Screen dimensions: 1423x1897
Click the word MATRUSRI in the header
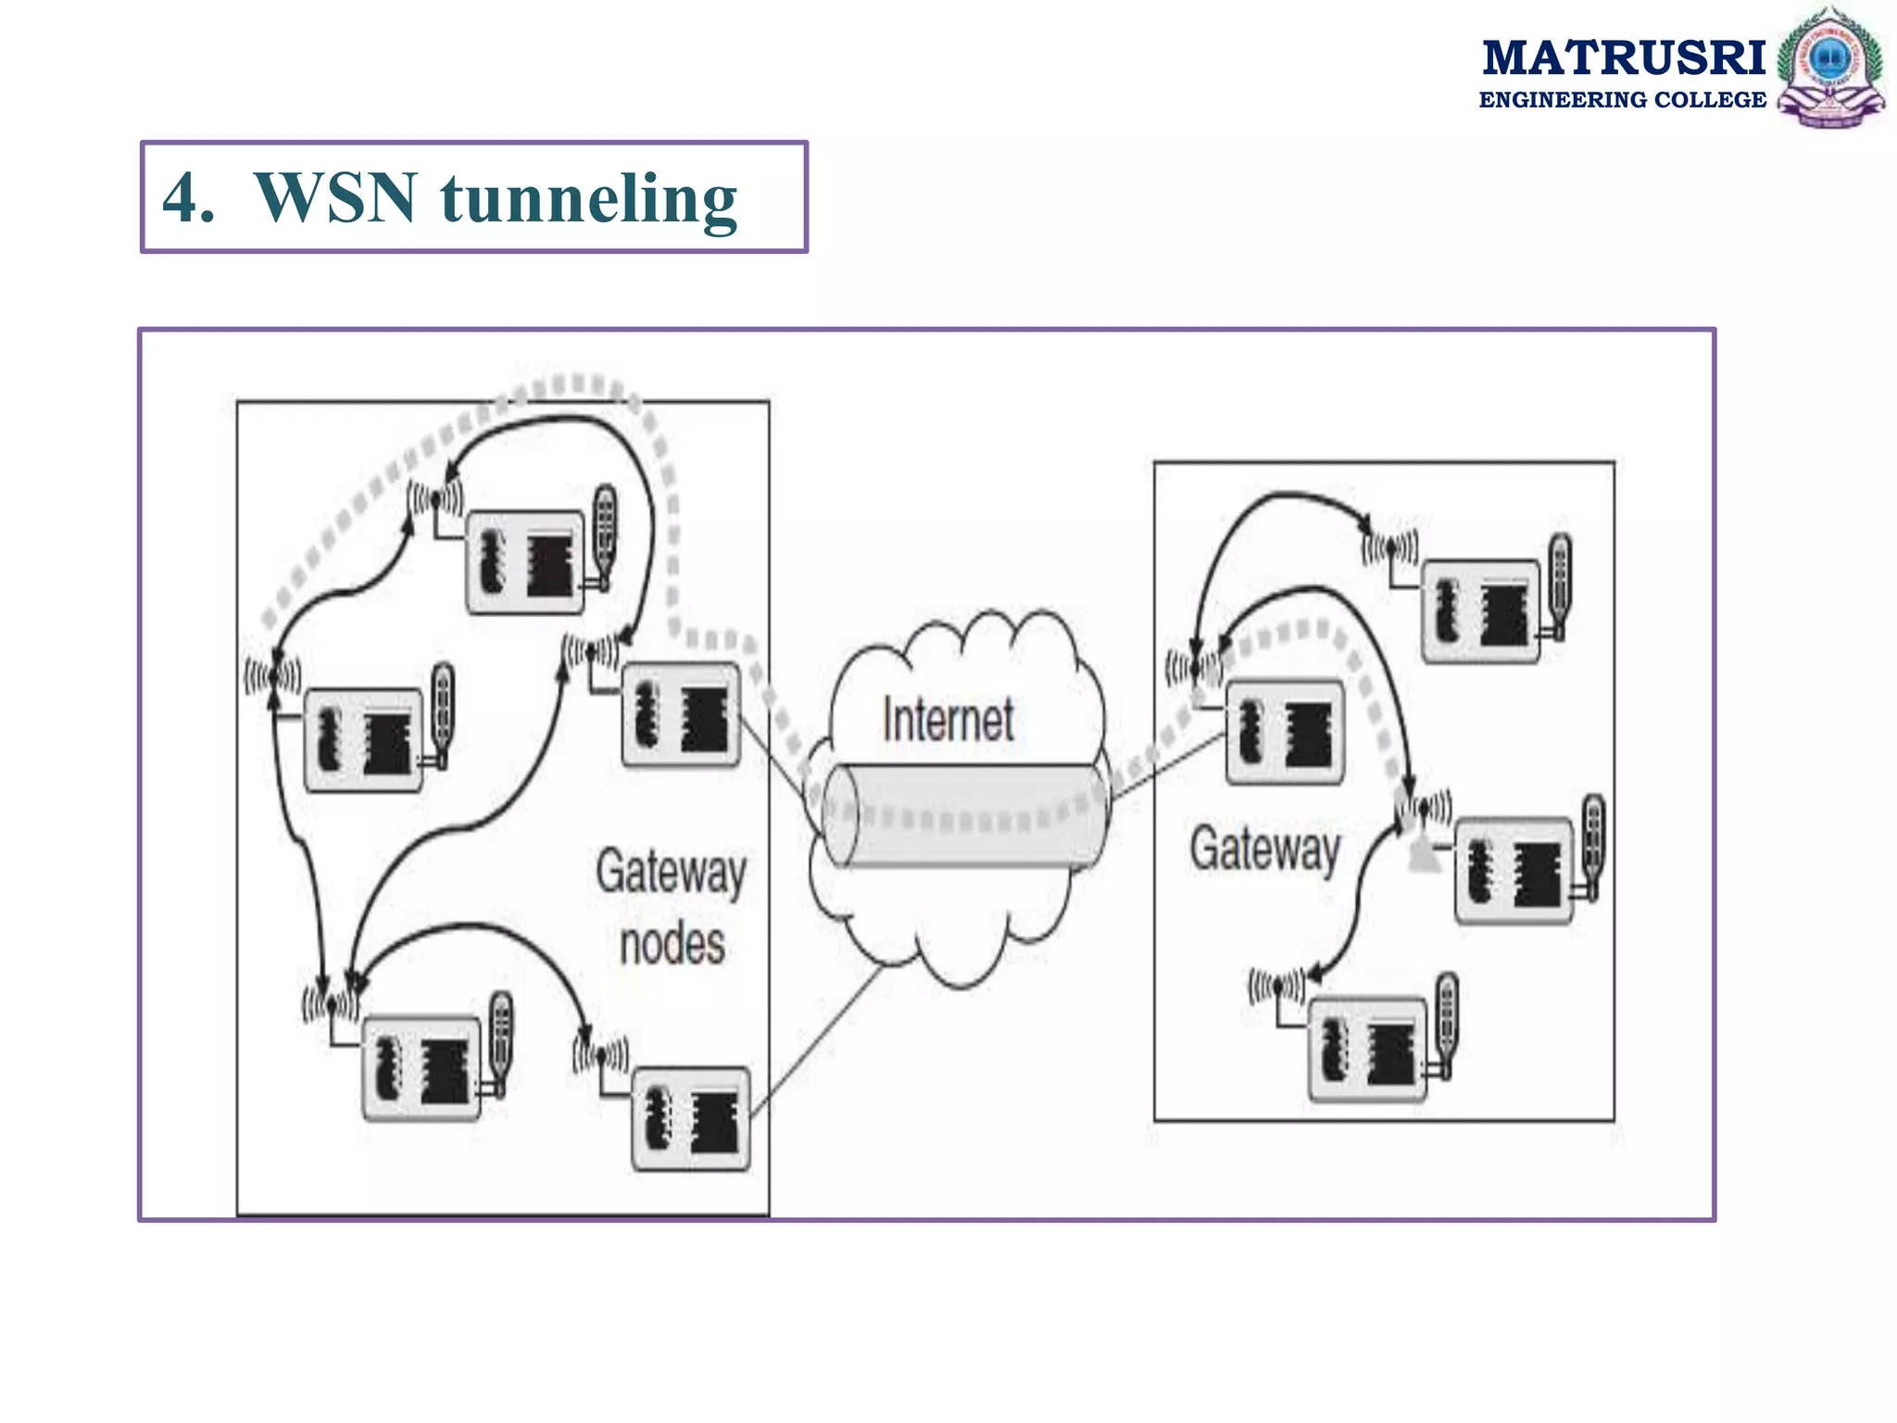[1623, 57]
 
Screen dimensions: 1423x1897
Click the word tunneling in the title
[588, 198]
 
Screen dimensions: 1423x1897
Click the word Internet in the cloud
[948, 720]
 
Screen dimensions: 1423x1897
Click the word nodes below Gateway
[672, 944]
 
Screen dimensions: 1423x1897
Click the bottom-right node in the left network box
[690, 1119]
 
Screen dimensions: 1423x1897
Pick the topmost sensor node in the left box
[525, 561]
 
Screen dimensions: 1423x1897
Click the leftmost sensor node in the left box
[363, 739]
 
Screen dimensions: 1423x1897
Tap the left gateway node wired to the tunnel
[682, 714]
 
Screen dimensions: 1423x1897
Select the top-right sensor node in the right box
[1480, 611]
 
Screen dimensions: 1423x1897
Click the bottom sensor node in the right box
[1367, 1049]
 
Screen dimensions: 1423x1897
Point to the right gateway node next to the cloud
[1284, 732]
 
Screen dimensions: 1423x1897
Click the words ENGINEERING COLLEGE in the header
[1622, 100]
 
